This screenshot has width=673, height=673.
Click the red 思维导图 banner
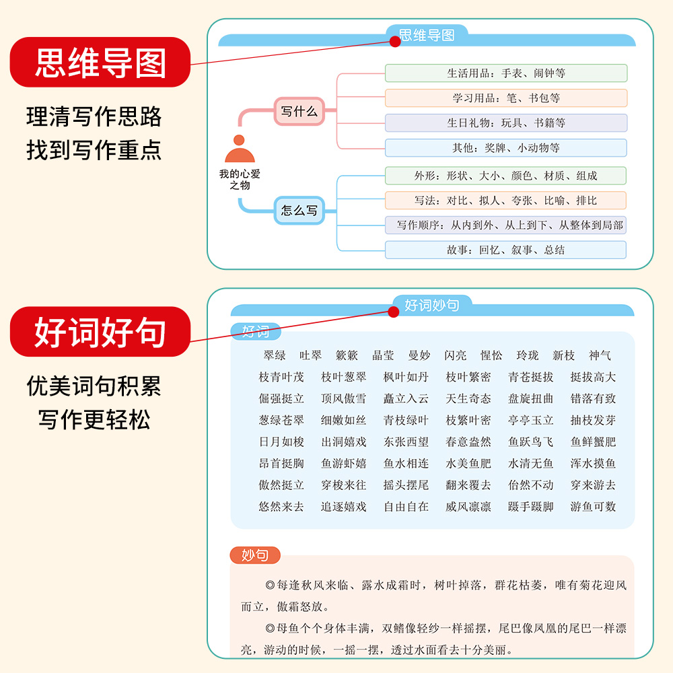pyautogui.click(x=100, y=62)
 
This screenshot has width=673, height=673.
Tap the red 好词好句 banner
pyautogui.click(x=100, y=332)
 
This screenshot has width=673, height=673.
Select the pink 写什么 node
pyautogui.click(x=299, y=112)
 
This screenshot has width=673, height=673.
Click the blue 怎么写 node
pyautogui.click(x=299, y=211)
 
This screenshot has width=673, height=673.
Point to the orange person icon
pyautogui.click(x=239, y=150)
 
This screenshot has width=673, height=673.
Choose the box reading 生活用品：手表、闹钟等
pyautogui.click(x=505, y=73)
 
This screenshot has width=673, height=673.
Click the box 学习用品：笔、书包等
pyautogui.click(x=505, y=98)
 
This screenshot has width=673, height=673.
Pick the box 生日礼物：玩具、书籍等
pyautogui.click(x=505, y=123)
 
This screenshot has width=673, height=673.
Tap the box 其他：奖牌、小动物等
pyautogui.click(x=505, y=148)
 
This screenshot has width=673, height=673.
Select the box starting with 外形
pyautogui.click(x=505, y=176)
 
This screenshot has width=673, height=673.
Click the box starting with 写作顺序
pyautogui.click(x=505, y=225)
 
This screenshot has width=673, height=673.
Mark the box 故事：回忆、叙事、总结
pyautogui.click(x=505, y=250)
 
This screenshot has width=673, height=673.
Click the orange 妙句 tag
pyautogui.click(x=255, y=555)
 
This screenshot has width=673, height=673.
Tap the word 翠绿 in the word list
pyautogui.click(x=275, y=355)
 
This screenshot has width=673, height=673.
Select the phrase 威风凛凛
pyautogui.click(x=468, y=506)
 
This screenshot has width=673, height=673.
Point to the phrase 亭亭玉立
pyautogui.click(x=531, y=420)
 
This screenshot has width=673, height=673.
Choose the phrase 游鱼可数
pyautogui.click(x=593, y=506)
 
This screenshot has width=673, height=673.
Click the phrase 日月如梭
pyautogui.click(x=281, y=441)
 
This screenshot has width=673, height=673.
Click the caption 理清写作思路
pyautogui.click(x=94, y=116)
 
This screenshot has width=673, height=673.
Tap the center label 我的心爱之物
pyautogui.click(x=239, y=179)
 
